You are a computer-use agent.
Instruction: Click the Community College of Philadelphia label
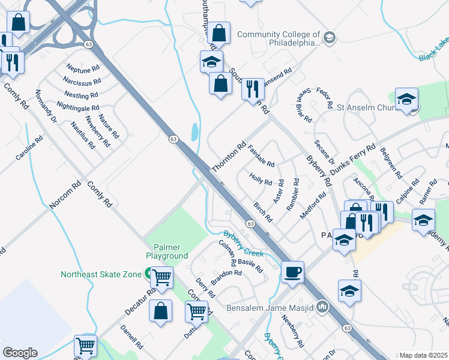coord(279,38)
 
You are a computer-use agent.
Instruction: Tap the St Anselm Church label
coord(366,109)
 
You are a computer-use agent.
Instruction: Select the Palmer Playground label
coord(167,251)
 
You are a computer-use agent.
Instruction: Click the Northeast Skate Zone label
coord(100,274)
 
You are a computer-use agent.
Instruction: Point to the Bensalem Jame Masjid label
coord(271,308)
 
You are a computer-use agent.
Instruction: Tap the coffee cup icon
coord(292,271)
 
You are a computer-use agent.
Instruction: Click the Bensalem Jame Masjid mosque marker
coord(322,307)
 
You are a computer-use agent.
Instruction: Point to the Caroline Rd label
coord(29,148)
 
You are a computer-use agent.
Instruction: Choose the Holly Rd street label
coord(261,179)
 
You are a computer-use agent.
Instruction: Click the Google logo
coord(20,353)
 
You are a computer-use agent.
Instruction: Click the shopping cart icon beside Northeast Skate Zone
coord(162,277)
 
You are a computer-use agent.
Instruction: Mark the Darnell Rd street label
coord(131,337)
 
